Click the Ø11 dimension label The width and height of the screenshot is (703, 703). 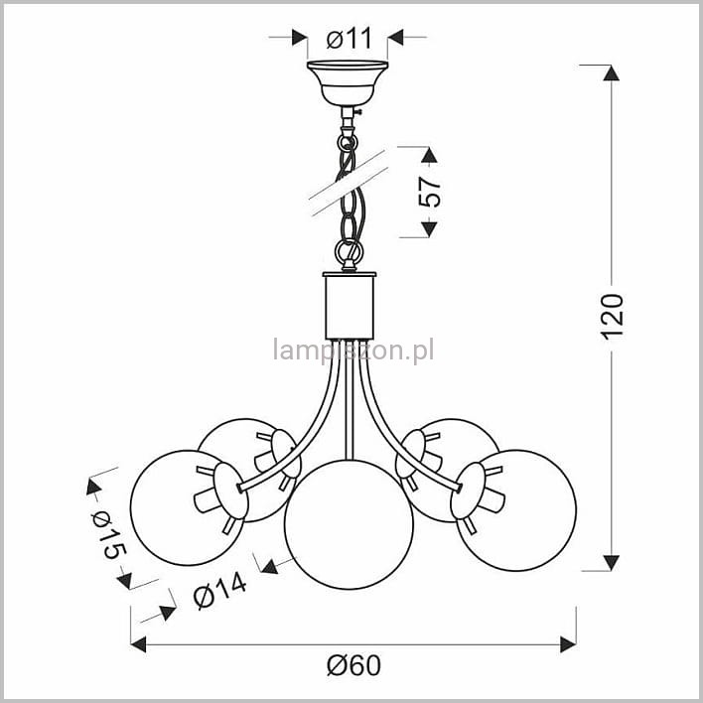[x=350, y=38]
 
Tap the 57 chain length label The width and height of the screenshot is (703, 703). [x=430, y=192]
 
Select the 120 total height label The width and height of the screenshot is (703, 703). [x=613, y=316]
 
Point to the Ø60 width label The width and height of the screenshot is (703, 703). [x=353, y=665]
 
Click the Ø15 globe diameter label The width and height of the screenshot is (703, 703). [x=107, y=535]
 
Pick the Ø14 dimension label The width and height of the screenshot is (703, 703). [x=219, y=592]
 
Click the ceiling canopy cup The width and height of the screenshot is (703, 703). [x=348, y=83]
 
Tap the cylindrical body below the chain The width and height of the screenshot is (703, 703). [x=350, y=306]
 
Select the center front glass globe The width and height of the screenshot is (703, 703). [x=349, y=524]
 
